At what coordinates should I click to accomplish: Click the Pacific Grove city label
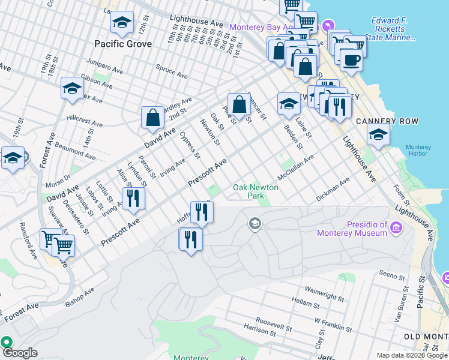tap(122, 44)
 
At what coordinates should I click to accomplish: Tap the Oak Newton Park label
tap(256, 191)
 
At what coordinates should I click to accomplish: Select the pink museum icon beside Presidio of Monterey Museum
tap(396, 227)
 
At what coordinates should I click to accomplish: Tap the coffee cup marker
tap(351, 59)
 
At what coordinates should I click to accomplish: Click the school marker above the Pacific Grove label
tap(122, 23)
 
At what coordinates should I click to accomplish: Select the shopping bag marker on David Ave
tap(153, 118)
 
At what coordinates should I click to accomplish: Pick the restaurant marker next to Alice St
tap(133, 199)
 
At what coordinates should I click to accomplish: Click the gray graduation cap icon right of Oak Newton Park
tap(255, 224)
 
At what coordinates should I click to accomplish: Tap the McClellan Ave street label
tap(296, 167)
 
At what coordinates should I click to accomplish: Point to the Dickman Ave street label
tap(333, 190)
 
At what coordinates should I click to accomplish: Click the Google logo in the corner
tap(19, 353)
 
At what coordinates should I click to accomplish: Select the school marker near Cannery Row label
tap(378, 136)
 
